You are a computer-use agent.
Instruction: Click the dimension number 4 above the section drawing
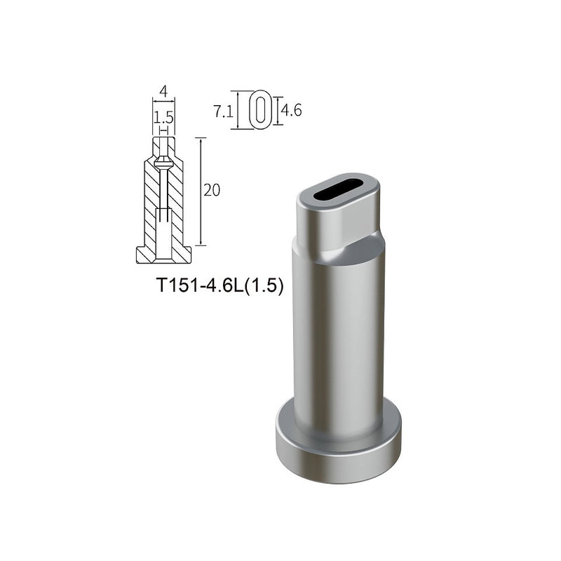(163, 91)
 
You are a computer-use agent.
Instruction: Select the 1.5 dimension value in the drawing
(163, 114)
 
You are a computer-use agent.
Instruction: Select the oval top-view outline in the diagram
(259, 109)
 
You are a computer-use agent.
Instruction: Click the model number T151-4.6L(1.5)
(219, 286)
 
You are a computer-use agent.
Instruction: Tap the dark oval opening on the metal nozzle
(338, 191)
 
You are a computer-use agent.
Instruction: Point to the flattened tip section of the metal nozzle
(337, 217)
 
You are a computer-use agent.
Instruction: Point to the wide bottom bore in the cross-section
(163, 231)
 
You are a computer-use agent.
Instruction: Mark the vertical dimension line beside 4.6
(277, 110)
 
